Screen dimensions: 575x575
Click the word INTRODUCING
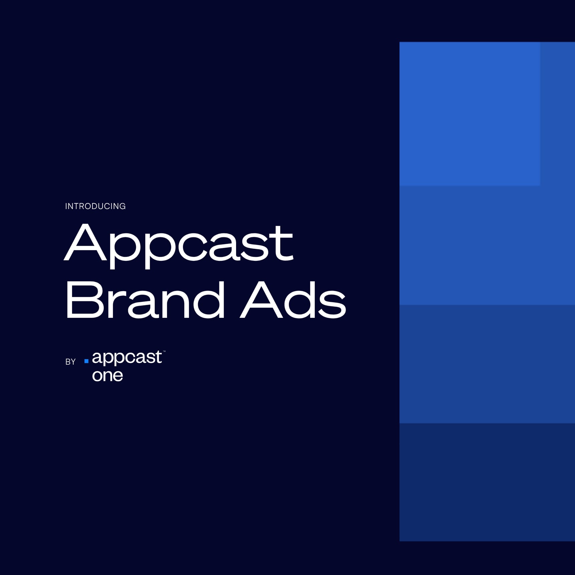pos(95,206)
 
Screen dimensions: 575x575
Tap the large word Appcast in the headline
pos(179,244)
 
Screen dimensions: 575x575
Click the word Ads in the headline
pos(293,300)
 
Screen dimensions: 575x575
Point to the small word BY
pos(70,362)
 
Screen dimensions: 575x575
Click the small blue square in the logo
pos(86,361)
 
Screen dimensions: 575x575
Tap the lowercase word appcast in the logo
pos(127,358)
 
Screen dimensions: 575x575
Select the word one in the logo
pos(108,376)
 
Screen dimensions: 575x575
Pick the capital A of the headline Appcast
pos(85,242)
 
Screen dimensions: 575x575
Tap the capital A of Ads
pos(261,300)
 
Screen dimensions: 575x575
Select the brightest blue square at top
pos(469,114)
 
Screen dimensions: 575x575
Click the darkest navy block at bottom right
pos(487,482)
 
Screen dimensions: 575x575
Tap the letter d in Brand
pos(209,300)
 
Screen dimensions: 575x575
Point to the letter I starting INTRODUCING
pos(66,206)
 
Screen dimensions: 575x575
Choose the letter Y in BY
pos(73,362)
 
